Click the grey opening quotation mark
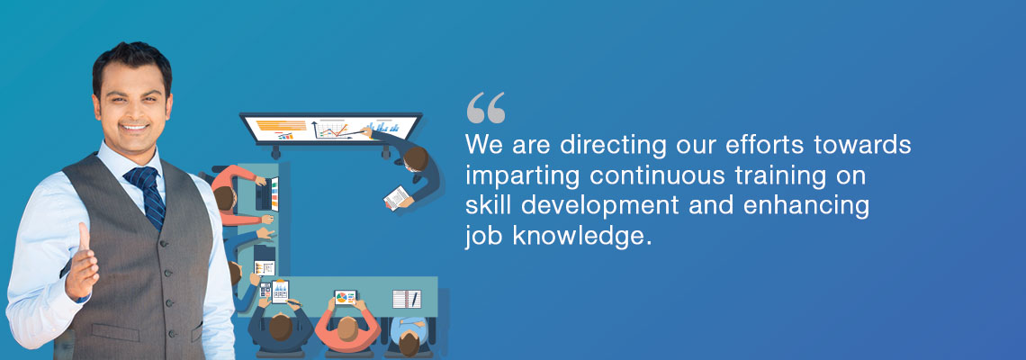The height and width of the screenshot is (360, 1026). coord(486,108)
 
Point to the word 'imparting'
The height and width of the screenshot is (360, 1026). coord(523,176)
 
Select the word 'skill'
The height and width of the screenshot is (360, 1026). coord(483,205)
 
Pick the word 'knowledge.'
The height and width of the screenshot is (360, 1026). coord(582,237)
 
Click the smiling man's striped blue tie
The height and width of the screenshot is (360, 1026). coord(147,196)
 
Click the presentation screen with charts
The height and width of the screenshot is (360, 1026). coord(330,129)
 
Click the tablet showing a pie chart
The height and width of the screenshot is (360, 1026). coord(346,298)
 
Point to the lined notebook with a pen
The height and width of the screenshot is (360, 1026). coord(406,299)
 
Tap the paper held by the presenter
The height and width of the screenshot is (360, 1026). coord(396,197)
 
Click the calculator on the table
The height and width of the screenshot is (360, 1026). coord(265,289)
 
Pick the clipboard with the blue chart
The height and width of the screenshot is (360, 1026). coord(280,292)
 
